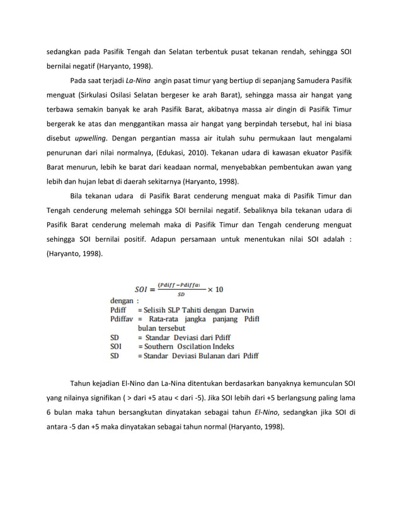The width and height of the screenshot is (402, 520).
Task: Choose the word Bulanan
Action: [x=208, y=355]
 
